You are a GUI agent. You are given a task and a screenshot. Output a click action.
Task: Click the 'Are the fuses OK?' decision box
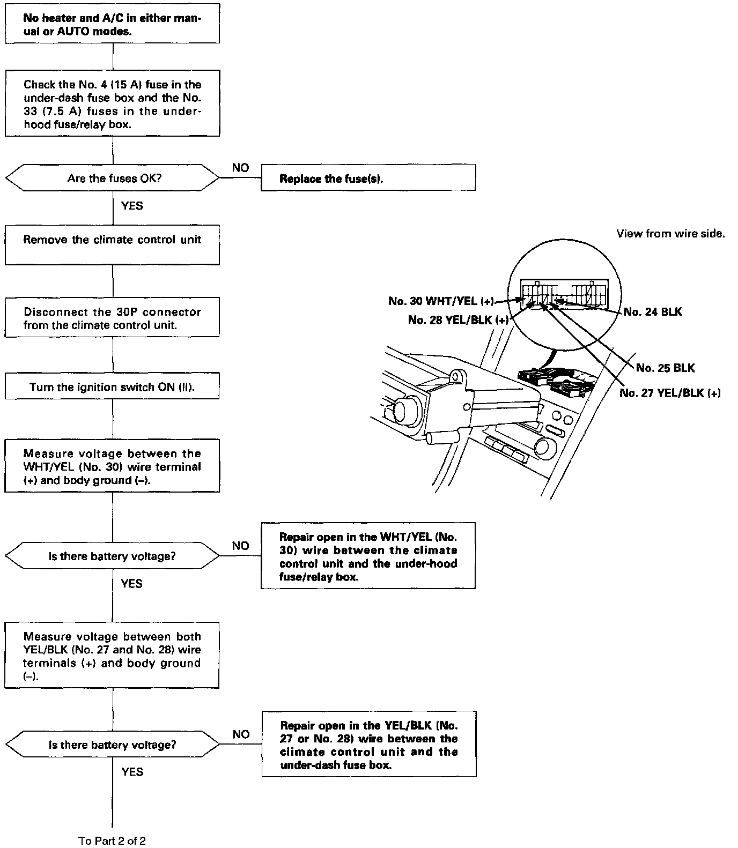coord(112,178)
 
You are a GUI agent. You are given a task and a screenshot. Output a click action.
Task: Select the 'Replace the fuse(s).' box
coord(368,177)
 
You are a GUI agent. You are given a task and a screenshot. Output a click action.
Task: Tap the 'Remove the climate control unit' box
coord(112,244)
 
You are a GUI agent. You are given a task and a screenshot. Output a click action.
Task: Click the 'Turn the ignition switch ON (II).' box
coord(112,386)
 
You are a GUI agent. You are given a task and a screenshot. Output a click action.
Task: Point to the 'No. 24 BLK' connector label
coord(653,311)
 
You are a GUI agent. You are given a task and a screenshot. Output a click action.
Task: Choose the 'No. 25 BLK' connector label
coord(665,368)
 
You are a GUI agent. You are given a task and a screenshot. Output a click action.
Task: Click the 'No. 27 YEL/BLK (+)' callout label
coord(670,393)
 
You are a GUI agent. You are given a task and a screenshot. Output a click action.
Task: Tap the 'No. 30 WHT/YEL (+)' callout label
coord(440,301)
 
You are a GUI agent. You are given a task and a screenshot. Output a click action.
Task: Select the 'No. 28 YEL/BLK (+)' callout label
coord(458,320)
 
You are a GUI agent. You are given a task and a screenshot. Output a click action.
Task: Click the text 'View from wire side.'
coord(670,234)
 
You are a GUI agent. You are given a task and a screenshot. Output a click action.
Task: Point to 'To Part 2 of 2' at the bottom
coord(112,840)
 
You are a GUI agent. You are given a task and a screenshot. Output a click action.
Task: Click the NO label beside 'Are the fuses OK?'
coord(240,168)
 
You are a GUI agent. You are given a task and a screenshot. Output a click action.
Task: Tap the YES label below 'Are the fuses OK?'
coord(132,206)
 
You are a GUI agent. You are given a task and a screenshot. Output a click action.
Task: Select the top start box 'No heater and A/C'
coord(112,24)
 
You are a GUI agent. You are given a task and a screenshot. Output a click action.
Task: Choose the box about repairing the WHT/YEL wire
coord(368,556)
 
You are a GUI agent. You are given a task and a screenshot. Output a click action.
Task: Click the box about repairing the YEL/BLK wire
coord(369,744)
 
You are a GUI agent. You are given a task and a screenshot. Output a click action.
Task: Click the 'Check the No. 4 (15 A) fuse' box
coord(112,103)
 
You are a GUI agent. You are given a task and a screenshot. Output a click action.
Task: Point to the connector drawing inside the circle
coord(564,295)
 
